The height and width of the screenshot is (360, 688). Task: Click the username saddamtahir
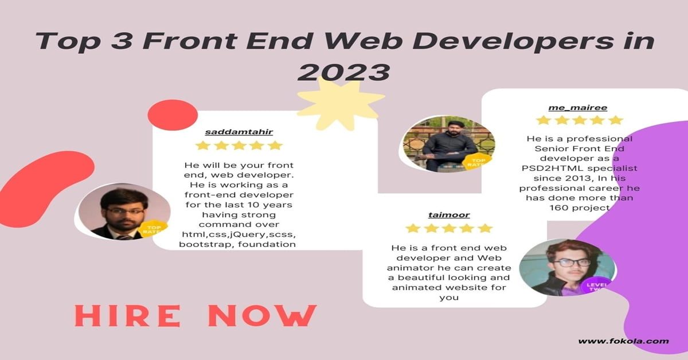click(239, 132)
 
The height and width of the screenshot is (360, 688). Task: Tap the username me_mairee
click(578, 108)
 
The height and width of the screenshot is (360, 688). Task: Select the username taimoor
click(449, 215)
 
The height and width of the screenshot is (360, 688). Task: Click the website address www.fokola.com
click(624, 341)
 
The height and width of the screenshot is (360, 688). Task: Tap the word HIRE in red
click(127, 316)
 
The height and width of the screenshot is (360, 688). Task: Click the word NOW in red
click(263, 316)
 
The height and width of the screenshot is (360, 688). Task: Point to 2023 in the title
click(344, 72)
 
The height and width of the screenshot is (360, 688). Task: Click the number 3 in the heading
click(122, 41)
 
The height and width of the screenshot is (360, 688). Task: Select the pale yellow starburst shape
click(341, 103)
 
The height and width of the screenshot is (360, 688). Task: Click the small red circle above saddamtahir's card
click(173, 115)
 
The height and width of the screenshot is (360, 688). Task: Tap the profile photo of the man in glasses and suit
click(124, 212)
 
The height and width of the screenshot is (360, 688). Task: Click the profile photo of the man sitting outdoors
click(449, 144)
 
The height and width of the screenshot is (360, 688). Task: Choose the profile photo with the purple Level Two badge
click(567, 268)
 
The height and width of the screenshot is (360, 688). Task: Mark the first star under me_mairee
click(544, 120)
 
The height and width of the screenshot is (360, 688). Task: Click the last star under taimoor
click(485, 229)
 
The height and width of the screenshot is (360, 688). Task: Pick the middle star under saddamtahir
click(239, 145)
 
